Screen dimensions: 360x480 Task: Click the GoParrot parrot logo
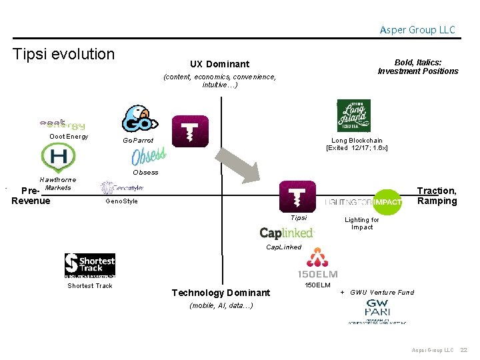click(139, 119)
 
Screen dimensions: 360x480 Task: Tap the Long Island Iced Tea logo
click(353, 115)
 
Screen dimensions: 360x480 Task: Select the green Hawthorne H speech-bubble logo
click(58, 159)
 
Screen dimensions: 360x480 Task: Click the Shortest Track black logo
click(90, 265)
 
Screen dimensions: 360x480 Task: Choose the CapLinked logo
click(287, 233)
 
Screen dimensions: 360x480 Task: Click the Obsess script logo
click(148, 157)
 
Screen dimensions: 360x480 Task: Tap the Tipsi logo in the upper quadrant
click(191, 131)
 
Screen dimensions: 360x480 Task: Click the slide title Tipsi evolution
click(64, 54)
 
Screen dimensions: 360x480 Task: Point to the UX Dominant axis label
click(219, 64)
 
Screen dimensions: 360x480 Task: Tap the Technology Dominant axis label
click(221, 293)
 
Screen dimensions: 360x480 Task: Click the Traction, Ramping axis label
click(437, 196)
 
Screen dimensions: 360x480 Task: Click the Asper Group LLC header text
click(417, 30)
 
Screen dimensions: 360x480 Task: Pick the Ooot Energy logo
click(63, 125)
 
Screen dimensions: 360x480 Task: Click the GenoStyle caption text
click(122, 201)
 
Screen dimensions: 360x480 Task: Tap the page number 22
click(464, 350)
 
